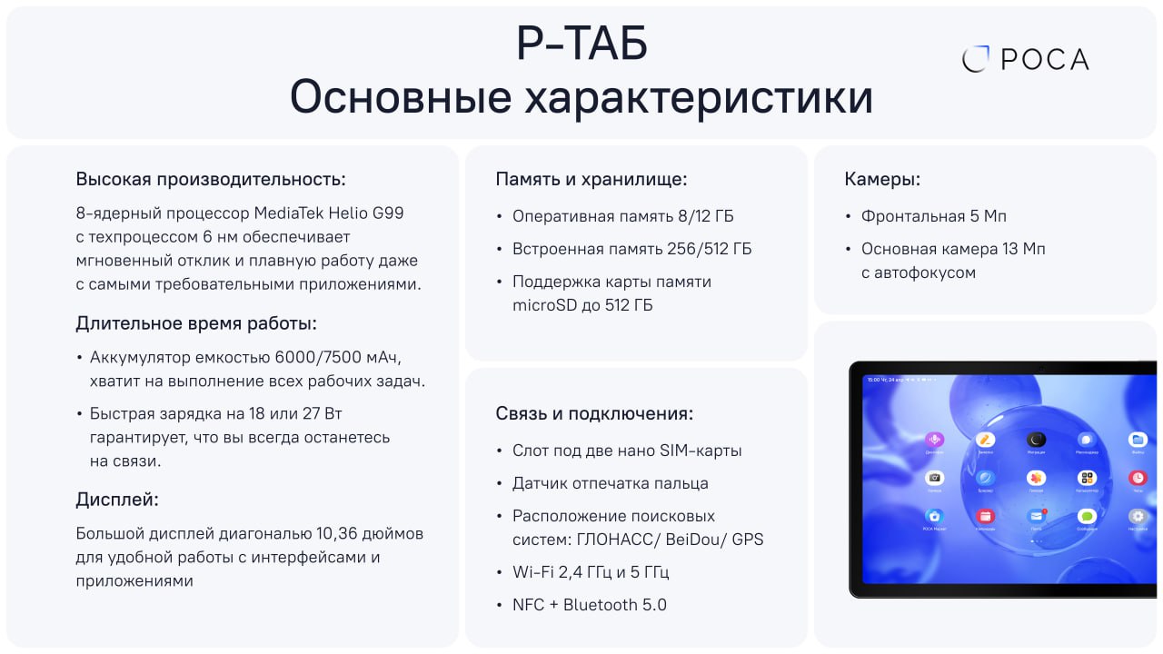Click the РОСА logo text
1044,60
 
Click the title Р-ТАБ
581,45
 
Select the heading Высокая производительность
211,179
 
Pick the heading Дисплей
117,499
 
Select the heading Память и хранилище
591,179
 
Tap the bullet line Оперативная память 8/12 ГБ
622,216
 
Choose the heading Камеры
882,179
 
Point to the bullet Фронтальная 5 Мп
934,216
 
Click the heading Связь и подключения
594,413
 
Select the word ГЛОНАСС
619,540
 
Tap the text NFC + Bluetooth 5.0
589,605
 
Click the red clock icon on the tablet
1138,478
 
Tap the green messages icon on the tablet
1087,516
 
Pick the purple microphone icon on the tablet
934,440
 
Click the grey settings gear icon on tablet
1138,516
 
